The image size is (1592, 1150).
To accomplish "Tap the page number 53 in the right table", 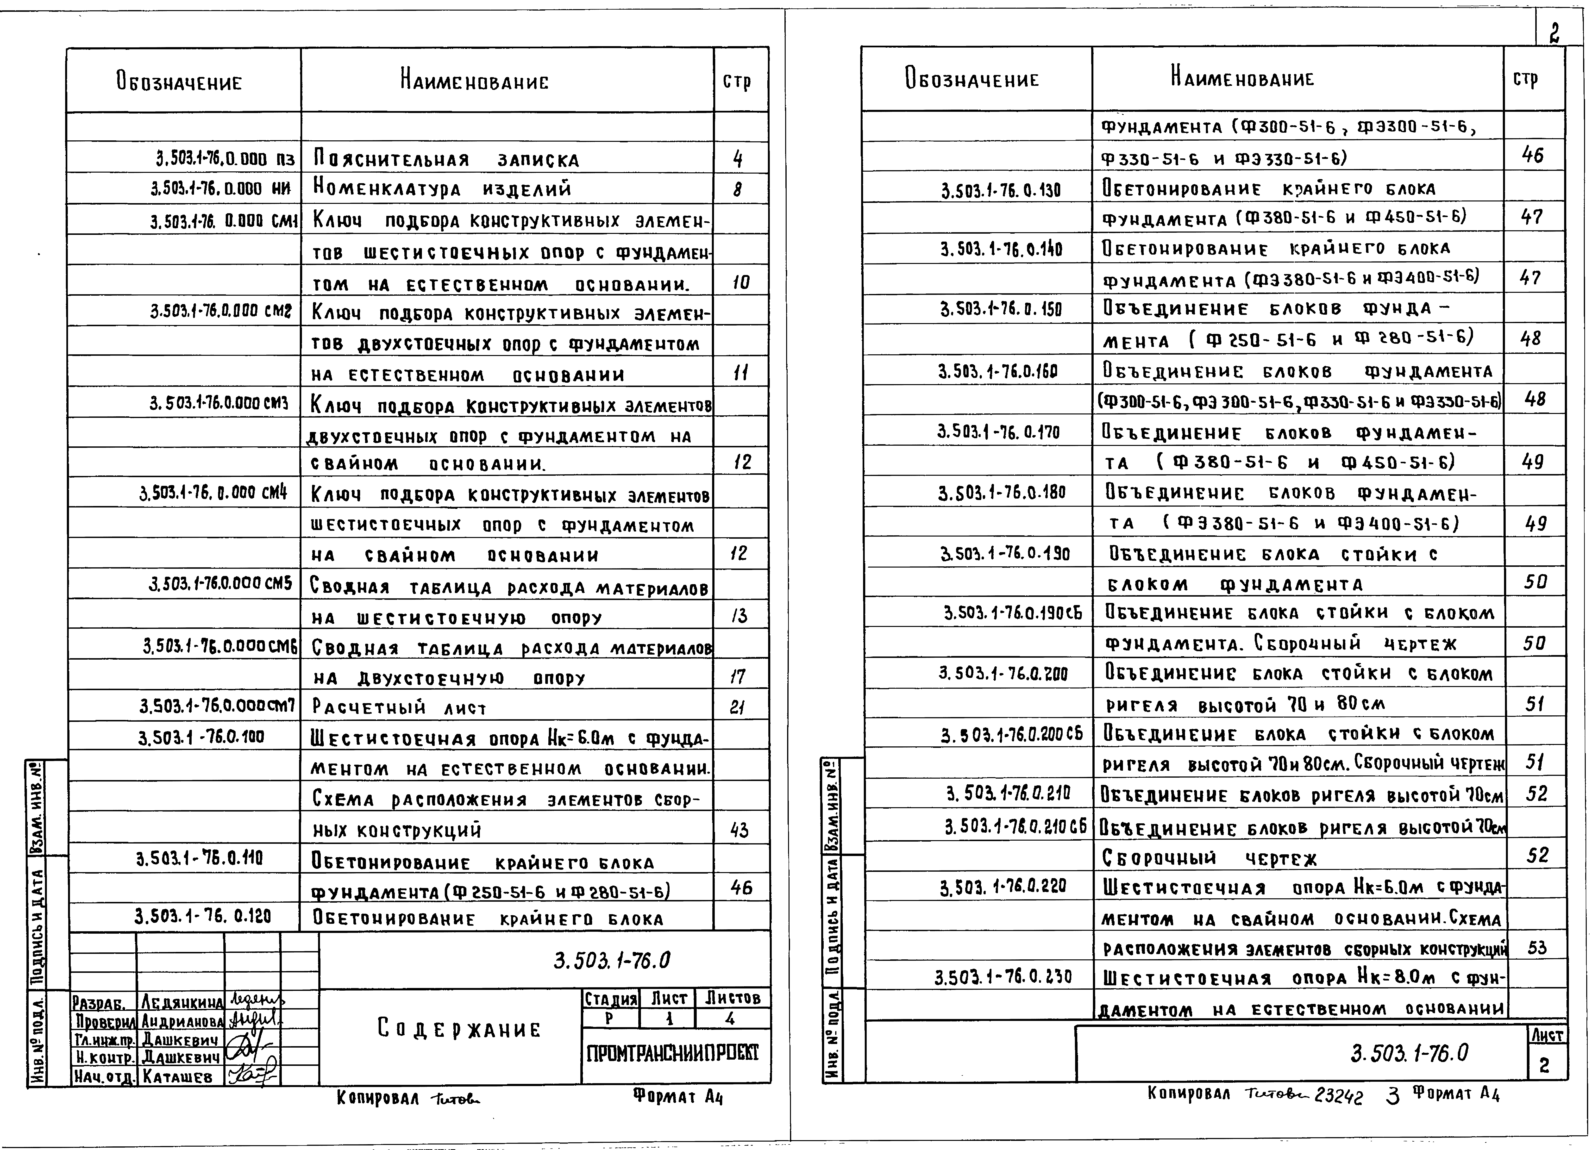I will pyautogui.click(x=1536, y=948).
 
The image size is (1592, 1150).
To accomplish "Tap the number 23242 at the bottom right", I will pyautogui.click(x=1339, y=1097).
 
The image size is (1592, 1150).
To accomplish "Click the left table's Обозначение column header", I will pyautogui.click(x=179, y=82).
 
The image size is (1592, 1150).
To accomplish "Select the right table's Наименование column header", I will pyautogui.click(x=1242, y=78).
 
